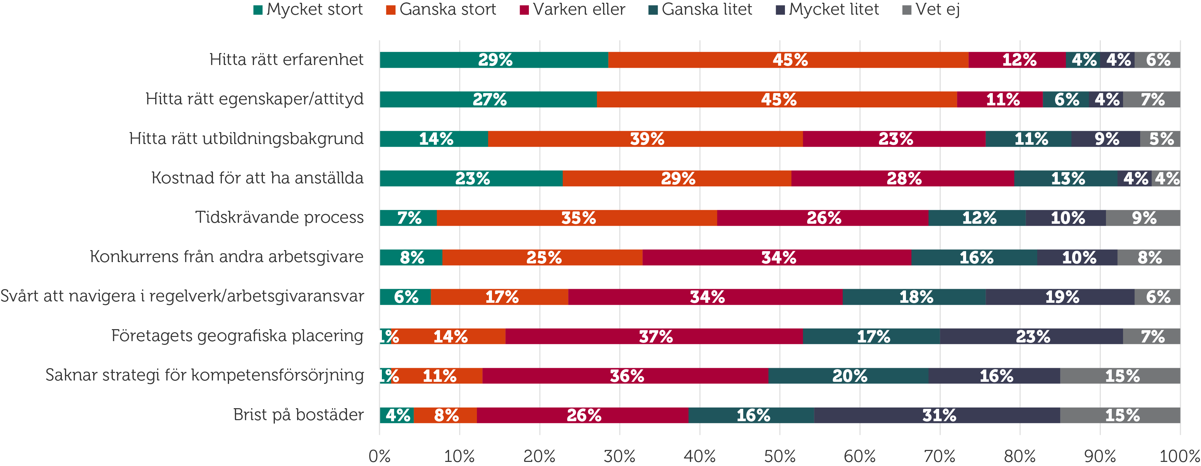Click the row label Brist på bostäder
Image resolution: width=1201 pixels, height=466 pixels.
(x=298, y=415)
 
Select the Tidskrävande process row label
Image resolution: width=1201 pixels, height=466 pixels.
(x=279, y=217)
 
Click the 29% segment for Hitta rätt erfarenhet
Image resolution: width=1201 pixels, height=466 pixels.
(x=494, y=60)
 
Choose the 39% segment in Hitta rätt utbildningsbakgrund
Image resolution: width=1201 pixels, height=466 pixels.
(x=646, y=139)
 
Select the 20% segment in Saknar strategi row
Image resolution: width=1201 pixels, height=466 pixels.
(x=849, y=376)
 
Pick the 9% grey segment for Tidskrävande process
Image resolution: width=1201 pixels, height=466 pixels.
(x=1143, y=218)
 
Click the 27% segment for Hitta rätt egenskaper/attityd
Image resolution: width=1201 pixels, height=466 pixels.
(x=489, y=99)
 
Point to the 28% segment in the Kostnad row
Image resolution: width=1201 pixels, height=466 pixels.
(x=903, y=179)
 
